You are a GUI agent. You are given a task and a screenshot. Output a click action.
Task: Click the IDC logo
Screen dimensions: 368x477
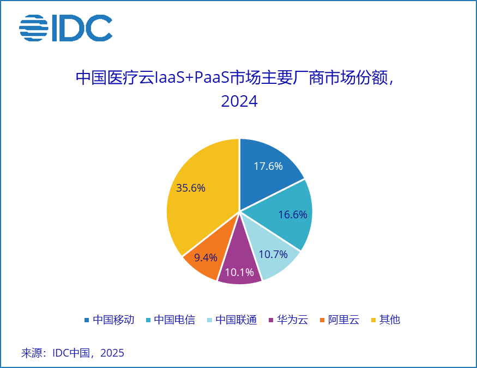click(x=66, y=28)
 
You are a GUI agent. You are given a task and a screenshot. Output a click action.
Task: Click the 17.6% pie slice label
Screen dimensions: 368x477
click(x=268, y=167)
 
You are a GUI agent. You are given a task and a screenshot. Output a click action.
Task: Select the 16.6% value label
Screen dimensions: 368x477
click(x=293, y=214)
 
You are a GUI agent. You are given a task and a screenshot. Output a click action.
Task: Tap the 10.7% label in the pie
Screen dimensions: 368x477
click(x=273, y=254)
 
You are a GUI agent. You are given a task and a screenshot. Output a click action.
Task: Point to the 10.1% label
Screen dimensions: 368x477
click(x=239, y=272)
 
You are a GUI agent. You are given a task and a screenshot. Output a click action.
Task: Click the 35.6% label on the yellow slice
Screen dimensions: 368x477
click(x=191, y=188)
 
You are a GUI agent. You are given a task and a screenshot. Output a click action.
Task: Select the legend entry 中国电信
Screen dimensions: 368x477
click(x=174, y=320)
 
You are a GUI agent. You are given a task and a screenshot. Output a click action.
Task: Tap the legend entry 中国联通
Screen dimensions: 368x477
click(x=236, y=320)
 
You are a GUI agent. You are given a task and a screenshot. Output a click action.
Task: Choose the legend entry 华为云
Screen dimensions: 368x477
click(x=292, y=320)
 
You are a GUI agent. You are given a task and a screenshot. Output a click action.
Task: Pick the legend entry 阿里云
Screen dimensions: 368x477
click(x=343, y=320)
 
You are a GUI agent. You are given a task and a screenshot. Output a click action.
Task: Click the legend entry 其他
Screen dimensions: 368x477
click(x=389, y=320)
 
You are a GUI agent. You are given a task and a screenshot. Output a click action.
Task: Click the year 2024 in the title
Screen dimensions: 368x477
click(x=239, y=102)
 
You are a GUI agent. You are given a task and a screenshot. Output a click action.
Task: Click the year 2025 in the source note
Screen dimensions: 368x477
click(x=112, y=353)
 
